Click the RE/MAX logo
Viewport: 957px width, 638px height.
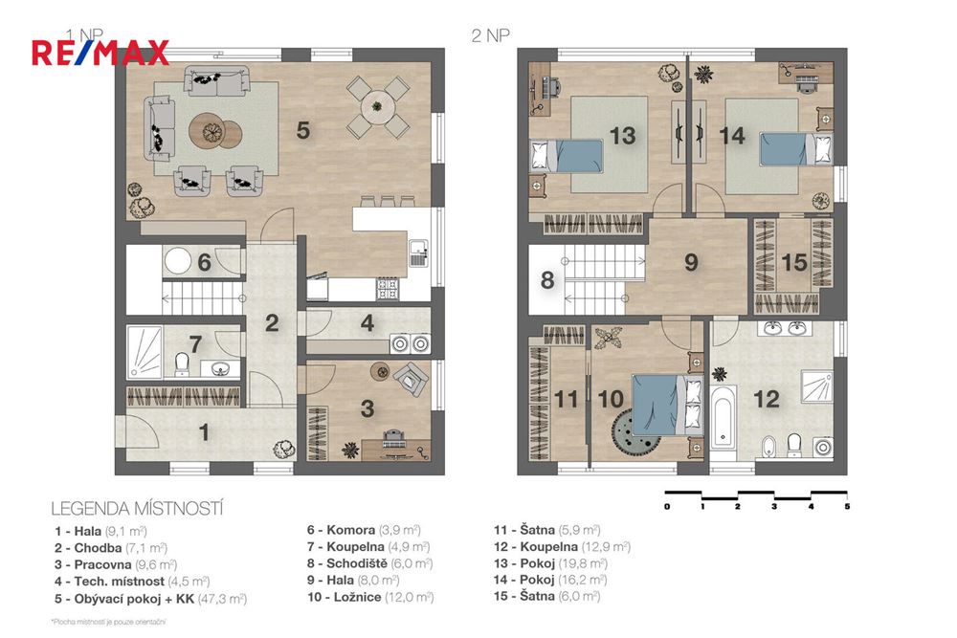[x=100, y=52]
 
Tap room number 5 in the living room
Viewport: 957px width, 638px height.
[x=302, y=131]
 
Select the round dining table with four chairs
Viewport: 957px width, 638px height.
[x=377, y=108]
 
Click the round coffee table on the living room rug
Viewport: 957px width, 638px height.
[x=210, y=131]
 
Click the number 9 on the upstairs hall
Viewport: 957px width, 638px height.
[x=691, y=262]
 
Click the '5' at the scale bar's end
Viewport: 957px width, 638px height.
[x=847, y=506]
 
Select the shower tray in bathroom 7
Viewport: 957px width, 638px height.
[x=145, y=353]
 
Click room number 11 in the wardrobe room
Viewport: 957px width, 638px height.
[x=568, y=398]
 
